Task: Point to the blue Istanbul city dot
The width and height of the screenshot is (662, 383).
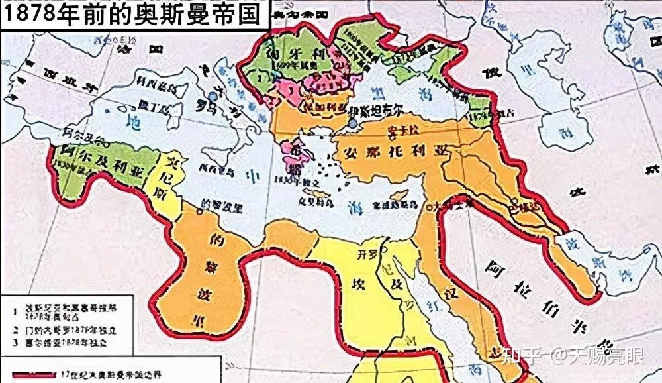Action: click(x=353, y=123)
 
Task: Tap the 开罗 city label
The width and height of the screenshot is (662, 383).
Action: click(x=366, y=254)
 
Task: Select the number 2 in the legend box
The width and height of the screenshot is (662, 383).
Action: click(x=15, y=329)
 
